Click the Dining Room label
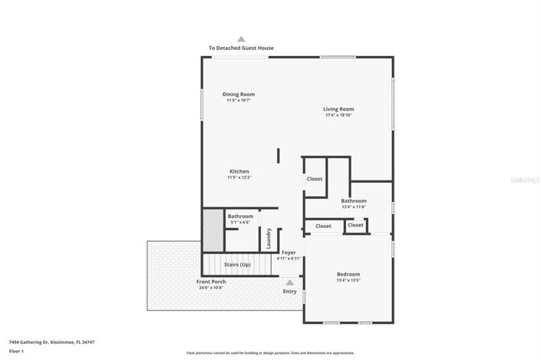[239, 94]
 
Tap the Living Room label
[338, 109]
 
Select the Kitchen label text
[239, 171]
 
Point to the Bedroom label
[348, 274]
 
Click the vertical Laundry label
[269, 238]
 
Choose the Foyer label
[289, 252]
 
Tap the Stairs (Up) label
[237, 265]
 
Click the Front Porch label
[211, 282]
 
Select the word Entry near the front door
[289, 291]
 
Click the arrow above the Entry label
[289, 282]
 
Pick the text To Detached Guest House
[241, 48]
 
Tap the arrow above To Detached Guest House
[241, 38]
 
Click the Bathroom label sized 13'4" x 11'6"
[354, 201]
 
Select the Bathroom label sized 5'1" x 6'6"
[240, 216]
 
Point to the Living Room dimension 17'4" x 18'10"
[338, 115]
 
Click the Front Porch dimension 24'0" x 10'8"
[211, 288]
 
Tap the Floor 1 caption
[17, 351]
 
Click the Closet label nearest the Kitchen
[315, 179]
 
